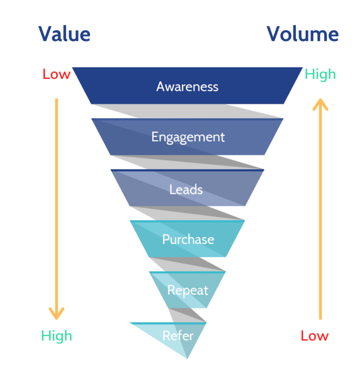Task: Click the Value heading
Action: click(x=64, y=34)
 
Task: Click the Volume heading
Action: click(x=302, y=34)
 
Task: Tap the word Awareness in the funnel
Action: click(x=187, y=87)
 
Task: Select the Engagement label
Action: click(x=187, y=137)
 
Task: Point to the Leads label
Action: click(x=186, y=189)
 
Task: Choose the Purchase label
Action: click(x=188, y=239)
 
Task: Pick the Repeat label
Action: click(x=187, y=290)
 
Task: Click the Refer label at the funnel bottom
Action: click(x=178, y=336)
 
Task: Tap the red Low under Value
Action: click(x=56, y=74)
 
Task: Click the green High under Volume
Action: click(x=320, y=74)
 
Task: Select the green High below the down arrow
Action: click(x=56, y=336)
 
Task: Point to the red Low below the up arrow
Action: click(x=315, y=336)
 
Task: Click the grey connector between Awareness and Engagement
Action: click(x=197, y=111)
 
